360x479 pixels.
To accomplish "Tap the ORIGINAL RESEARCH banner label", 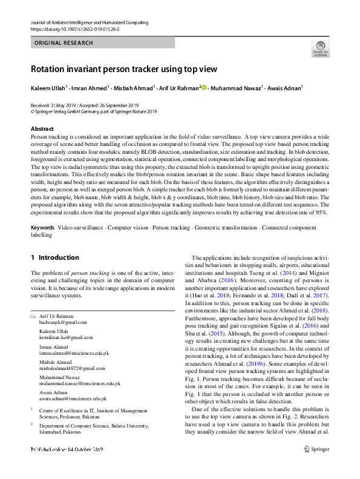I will tap(64, 43).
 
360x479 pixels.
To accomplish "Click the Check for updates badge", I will tap(320, 49).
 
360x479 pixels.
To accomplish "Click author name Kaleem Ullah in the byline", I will tap(48, 88).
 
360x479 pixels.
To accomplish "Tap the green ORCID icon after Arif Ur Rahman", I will tap(205, 88).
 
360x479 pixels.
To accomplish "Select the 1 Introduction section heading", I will tap(55, 257).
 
